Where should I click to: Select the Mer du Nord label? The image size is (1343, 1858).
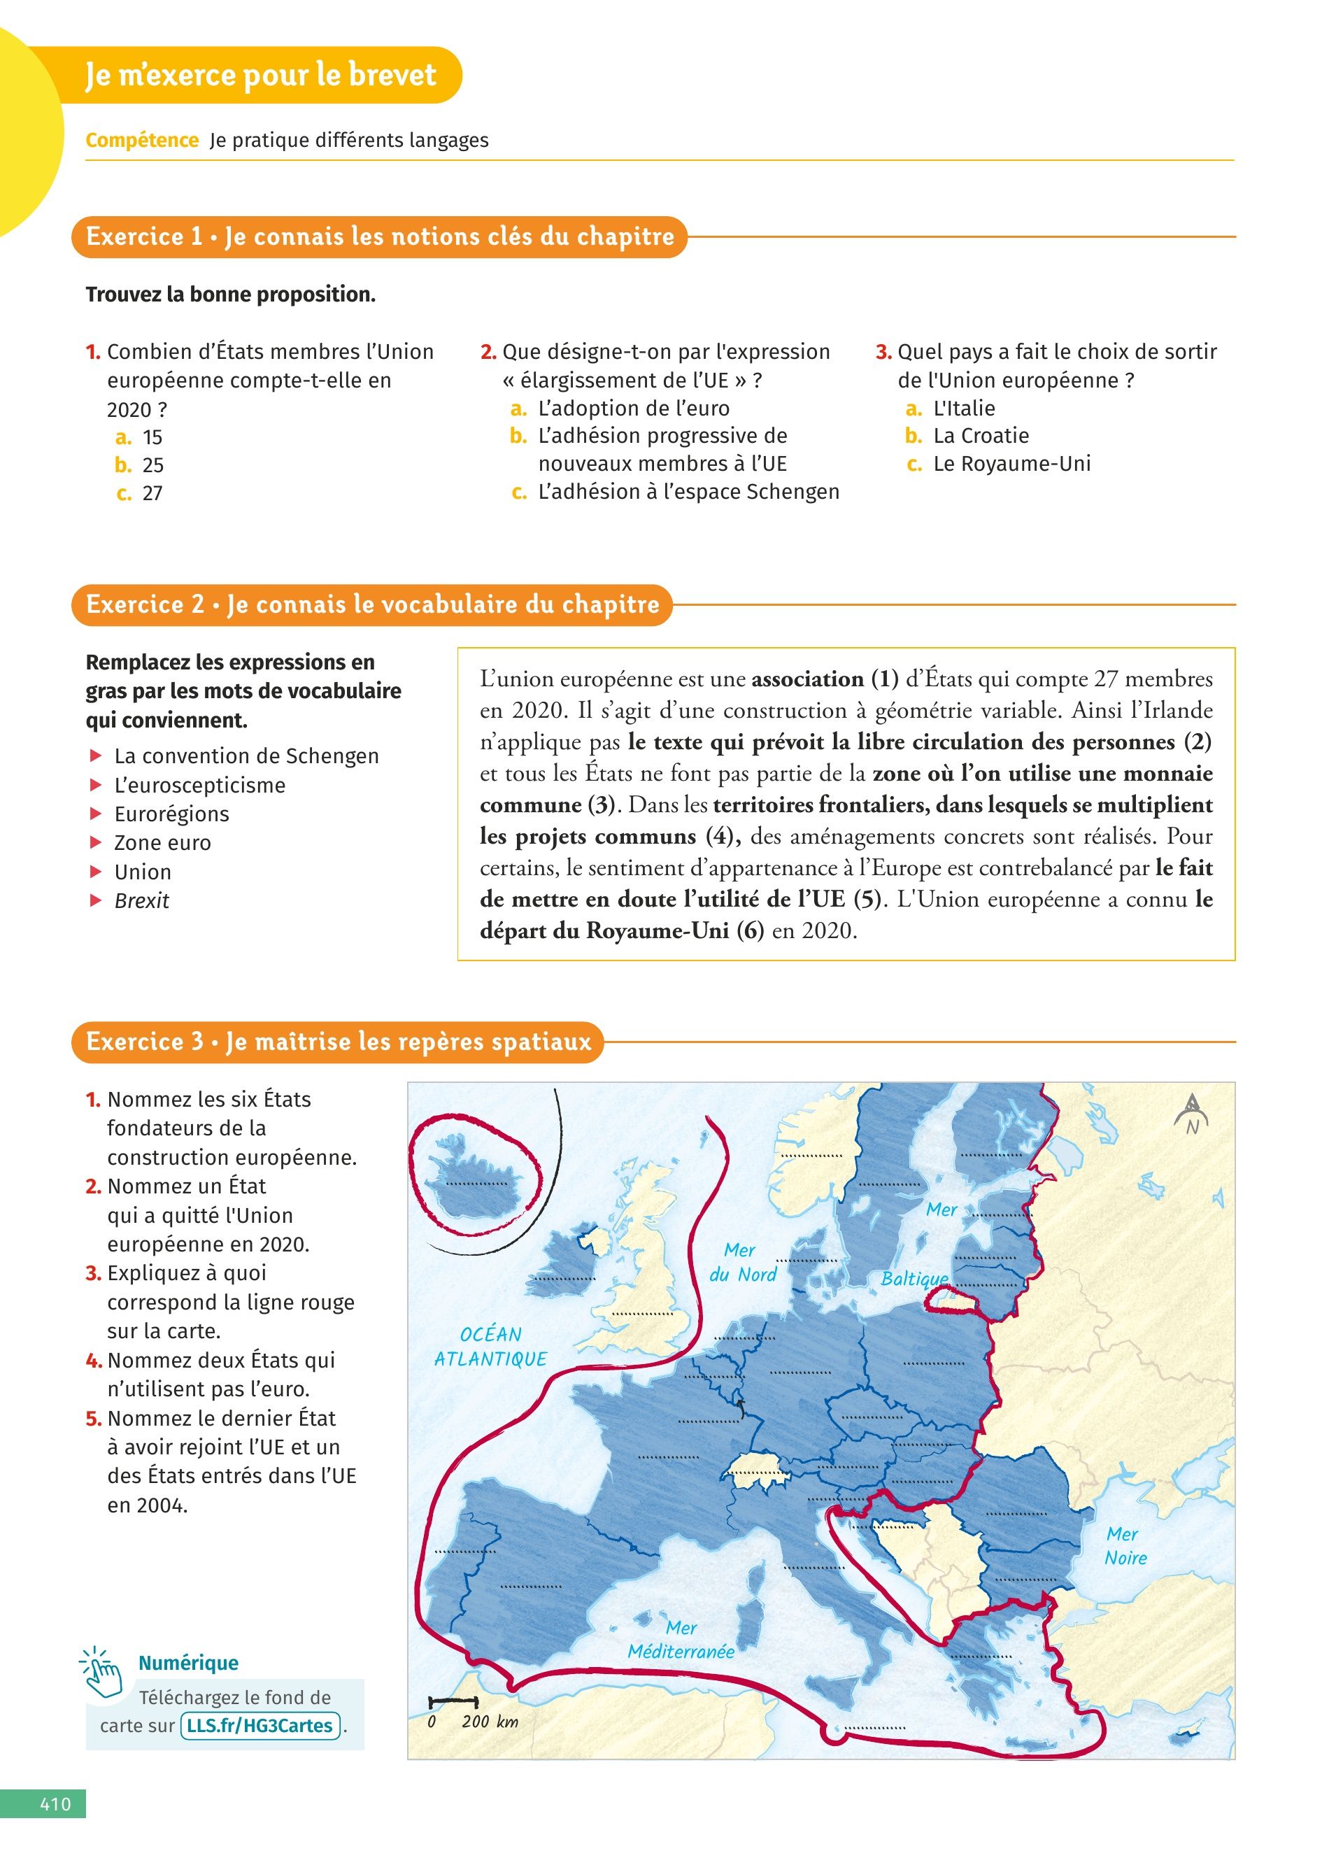pos(742,1261)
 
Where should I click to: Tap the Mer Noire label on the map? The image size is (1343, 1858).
pos(1125,1546)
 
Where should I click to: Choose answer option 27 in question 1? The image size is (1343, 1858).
pos(152,493)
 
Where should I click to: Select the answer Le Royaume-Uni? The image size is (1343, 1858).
pos(1011,464)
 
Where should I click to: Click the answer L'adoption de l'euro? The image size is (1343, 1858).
pos(633,408)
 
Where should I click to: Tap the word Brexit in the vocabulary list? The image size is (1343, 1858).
pos(142,900)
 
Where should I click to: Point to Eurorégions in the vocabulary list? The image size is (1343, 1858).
pos(171,814)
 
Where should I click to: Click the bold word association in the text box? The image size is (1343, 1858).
pos(806,679)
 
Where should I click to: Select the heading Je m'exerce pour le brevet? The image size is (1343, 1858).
pos(261,75)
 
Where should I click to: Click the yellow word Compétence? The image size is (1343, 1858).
pos(142,140)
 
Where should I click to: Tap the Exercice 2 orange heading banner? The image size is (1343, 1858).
pos(372,604)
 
